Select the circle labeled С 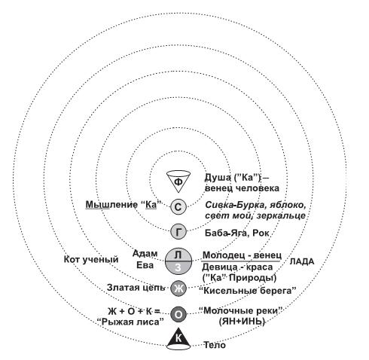(x=178, y=207)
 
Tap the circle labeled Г (x=178, y=232)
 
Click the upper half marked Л (x=178, y=255)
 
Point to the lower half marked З (x=178, y=268)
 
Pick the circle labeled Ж (x=178, y=288)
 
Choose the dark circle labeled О (x=178, y=314)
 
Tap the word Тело (x=215, y=345)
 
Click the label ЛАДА (x=302, y=261)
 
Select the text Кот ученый (x=91, y=259)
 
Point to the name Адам (x=145, y=254)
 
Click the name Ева (x=145, y=265)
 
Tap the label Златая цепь (x=136, y=288)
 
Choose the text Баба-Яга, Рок (x=237, y=233)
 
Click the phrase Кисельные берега (x=248, y=291)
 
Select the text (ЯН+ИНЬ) (x=242, y=322)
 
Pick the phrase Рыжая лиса (x=130, y=322)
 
